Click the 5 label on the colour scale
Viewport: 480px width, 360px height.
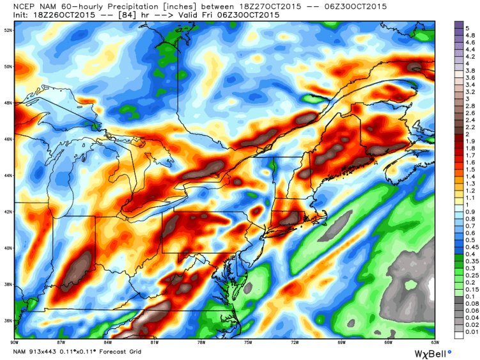coord(467,28)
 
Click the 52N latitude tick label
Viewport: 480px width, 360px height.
coord(8,30)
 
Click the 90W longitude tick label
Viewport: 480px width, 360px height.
coord(14,342)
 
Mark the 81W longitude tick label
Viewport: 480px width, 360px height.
coord(154,342)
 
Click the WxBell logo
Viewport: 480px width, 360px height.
coord(432,351)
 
